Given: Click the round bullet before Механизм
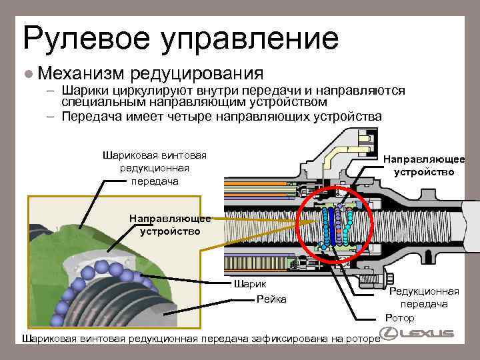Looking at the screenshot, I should pyautogui.click(x=27, y=72).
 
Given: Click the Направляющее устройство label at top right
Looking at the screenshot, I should pyautogui.click(x=424, y=165).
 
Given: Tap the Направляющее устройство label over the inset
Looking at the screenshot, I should pyautogui.click(x=170, y=225).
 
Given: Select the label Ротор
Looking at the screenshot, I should pyautogui.click(x=400, y=317).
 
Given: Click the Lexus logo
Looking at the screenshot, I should pyautogui.click(x=417, y=333).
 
